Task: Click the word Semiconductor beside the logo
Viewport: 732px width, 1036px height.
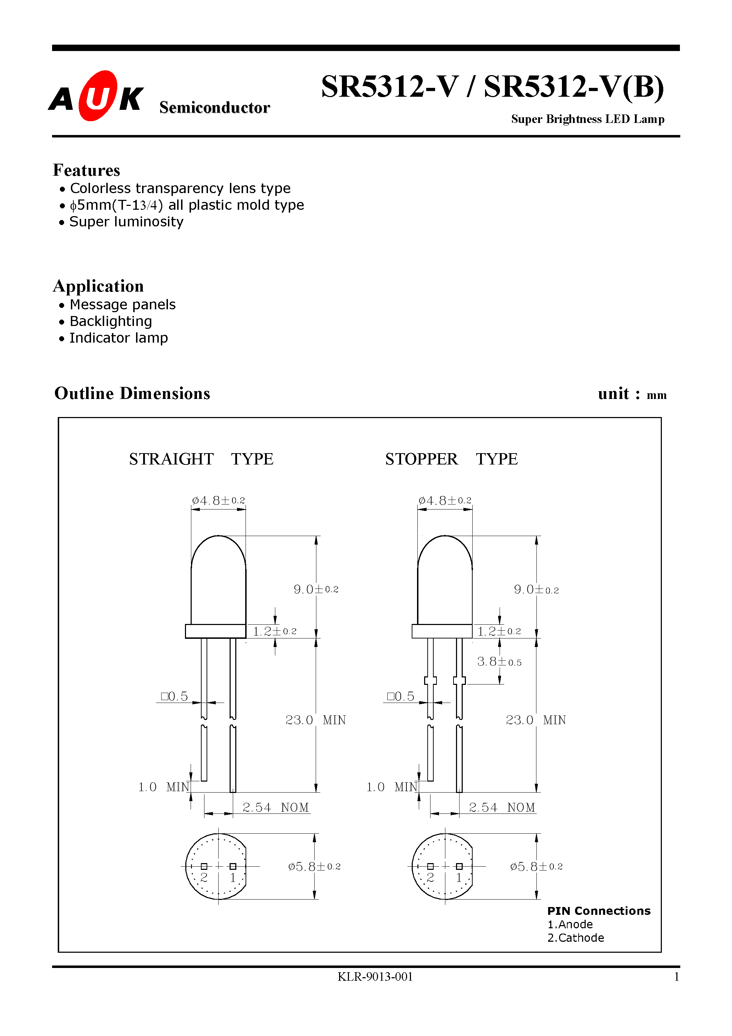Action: [x=214, y=107]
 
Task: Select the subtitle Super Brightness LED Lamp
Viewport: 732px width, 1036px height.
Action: [x=587, y=119]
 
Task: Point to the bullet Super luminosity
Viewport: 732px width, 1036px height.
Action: [x=126, y=221]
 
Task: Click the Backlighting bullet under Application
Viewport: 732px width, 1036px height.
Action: [x=111, y=321]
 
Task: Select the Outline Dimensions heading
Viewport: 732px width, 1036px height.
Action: [x=132, y=394]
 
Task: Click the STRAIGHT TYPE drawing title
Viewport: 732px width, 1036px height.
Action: [x=201, y=459]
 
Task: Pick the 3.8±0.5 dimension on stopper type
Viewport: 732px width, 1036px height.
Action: [x=499, y=662]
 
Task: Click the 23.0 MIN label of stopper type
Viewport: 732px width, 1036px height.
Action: [x=535, y=720]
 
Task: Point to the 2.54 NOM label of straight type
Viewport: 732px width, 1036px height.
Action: [x=275, y=807]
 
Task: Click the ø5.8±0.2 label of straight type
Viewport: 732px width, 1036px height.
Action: [x=314, y=866]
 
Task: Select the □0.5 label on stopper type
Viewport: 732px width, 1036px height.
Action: [x=400, y=697]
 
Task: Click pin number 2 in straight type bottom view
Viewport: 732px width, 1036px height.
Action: [x=204, y=878]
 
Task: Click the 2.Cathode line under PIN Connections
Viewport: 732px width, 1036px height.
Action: [x=575, y=938]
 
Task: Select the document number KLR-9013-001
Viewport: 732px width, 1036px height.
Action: [x=375, y=977]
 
